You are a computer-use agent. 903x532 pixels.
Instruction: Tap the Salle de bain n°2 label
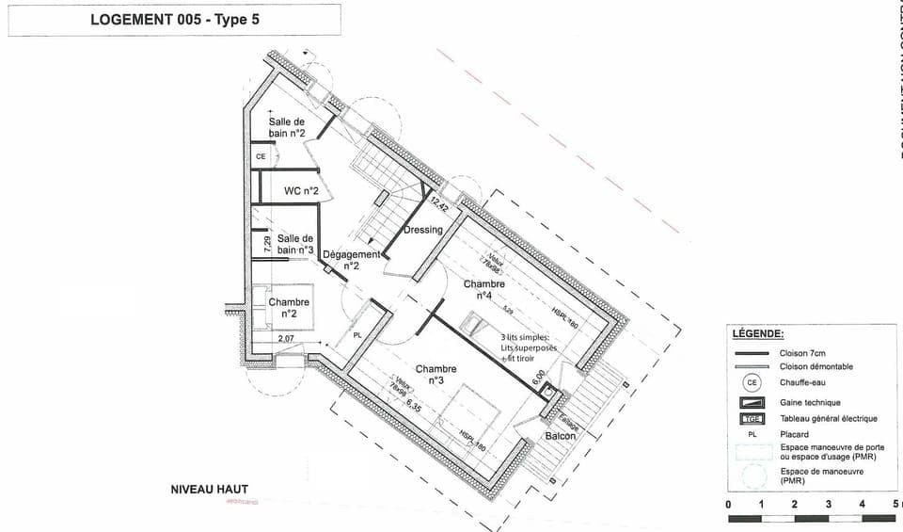(287, 128)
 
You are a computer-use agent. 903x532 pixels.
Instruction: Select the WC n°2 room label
(302, 192)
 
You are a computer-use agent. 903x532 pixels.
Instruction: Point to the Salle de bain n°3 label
(294, 244)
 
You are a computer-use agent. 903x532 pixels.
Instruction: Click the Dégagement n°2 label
(352, 260)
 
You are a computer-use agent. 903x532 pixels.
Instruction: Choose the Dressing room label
(422, 230)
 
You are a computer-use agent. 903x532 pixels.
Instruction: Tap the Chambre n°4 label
(484, 289)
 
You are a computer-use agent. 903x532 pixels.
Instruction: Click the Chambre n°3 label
(436, 374)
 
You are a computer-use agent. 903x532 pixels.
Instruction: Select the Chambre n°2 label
(289, 308)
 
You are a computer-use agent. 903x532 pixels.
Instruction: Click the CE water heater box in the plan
(261, 156)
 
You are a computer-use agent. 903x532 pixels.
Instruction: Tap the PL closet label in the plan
(357, 335)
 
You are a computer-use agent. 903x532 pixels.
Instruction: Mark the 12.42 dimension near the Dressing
(440, 201)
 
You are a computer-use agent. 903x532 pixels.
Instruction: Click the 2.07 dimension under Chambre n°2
(286, 338)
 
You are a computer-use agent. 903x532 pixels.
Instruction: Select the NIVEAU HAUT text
(209, 489)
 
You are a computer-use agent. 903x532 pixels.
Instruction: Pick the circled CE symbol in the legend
(752, 382)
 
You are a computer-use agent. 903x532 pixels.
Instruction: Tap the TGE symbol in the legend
(752, 418)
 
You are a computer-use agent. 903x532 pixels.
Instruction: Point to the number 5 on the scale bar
(895, 506)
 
